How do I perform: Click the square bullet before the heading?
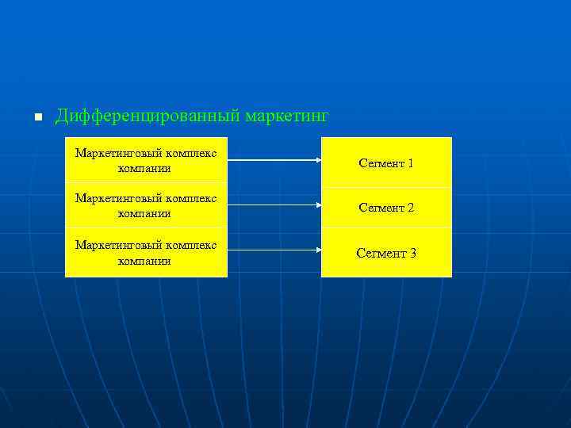[36, 118]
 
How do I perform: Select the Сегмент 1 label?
[385, 163]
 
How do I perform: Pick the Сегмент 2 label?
[385, 208]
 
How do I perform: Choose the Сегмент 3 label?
[385, 253]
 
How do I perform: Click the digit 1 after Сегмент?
[410, 163]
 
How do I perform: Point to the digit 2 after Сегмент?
[410, 208]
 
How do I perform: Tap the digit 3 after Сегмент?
[412, 253]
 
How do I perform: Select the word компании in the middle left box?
[144, 213]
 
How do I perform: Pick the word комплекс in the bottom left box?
[191, 245]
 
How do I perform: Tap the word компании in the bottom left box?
[144, 259]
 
